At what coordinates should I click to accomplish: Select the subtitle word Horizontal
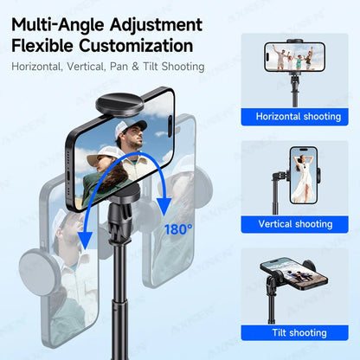click(x=37, y=67)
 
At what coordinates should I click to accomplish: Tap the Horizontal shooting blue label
click(x=297, y=116)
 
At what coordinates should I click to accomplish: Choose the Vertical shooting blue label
click(x=295, y=223)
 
